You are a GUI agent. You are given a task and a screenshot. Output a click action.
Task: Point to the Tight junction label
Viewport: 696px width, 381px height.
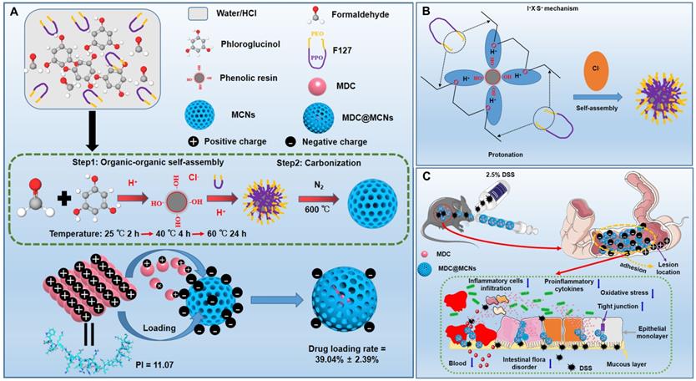pos(617,306)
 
